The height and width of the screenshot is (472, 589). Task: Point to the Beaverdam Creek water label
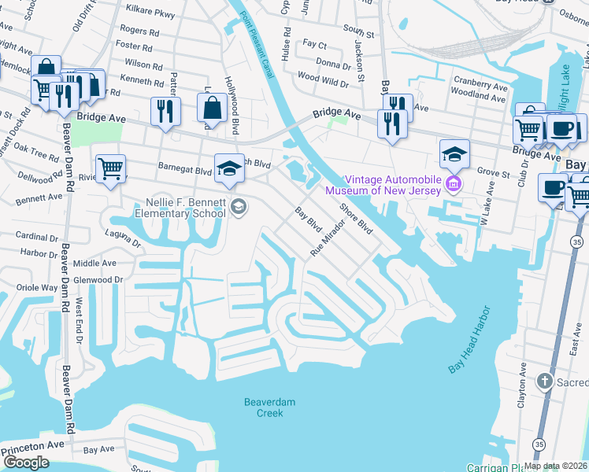(x=263, y=407)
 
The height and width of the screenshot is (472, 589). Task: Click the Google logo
(x=26, y=462)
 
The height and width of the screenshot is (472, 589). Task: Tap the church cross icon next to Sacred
(x=544, y=382)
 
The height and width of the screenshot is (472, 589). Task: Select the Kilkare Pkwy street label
(x=151, y=14)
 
